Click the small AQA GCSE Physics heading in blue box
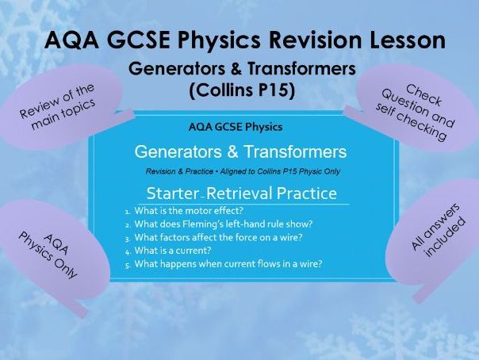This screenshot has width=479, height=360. pyautogui.click(x=236, y=126)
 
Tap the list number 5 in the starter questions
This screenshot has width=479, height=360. pyautogui.click(x=128, y=263)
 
